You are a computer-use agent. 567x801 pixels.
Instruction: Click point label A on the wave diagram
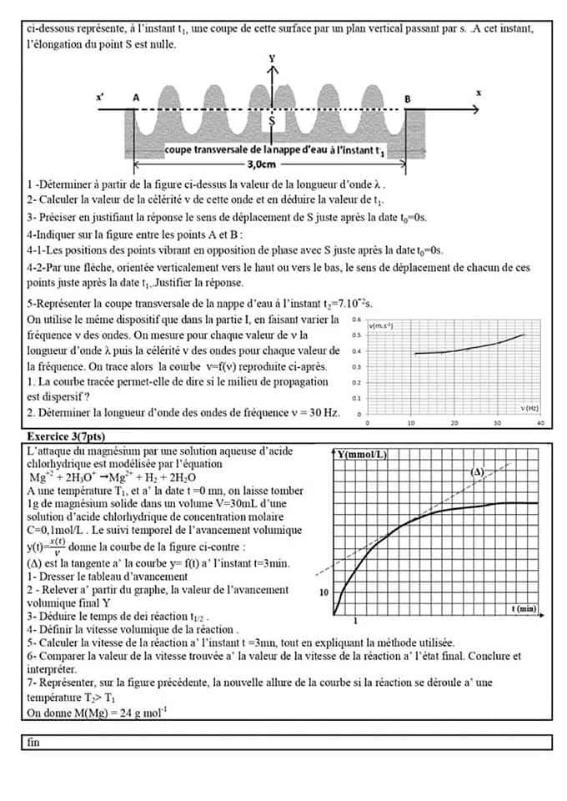pos(137,98)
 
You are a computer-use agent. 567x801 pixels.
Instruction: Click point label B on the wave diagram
pos(407,98)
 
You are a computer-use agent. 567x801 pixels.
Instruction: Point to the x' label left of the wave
pos(101,97)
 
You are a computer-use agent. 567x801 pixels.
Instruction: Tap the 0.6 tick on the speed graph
pos(356,320)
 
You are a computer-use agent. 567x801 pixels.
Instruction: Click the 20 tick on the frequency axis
pos(454,423)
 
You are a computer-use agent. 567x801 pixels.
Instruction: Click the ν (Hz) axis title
pos(529,408)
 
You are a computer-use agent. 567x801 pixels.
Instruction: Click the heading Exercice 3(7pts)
pos(66,436)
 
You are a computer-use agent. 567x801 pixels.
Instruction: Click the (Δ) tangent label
pos(478,471)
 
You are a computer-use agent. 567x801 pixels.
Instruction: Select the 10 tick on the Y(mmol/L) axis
pos(325,592)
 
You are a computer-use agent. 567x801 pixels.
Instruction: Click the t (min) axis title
pos(524,609)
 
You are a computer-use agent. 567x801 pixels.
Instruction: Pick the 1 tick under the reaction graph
pos(356,621)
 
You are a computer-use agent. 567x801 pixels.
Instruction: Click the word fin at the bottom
pos(34,742)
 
